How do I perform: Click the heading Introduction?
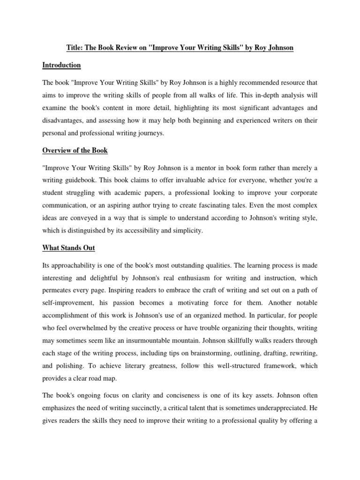(61, 65)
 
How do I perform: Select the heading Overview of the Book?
(75, 150)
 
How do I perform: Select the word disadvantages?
(64, 120)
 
